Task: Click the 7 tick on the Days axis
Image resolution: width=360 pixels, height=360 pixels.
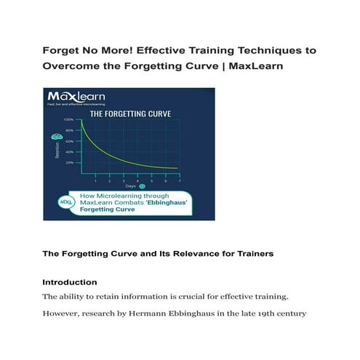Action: pyautogui.click(x=180, y=179)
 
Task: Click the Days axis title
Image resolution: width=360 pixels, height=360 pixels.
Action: pyautogui.click(x=129, y=186)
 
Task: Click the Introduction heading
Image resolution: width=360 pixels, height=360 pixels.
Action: pyautogui.click(x=70, y=281)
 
